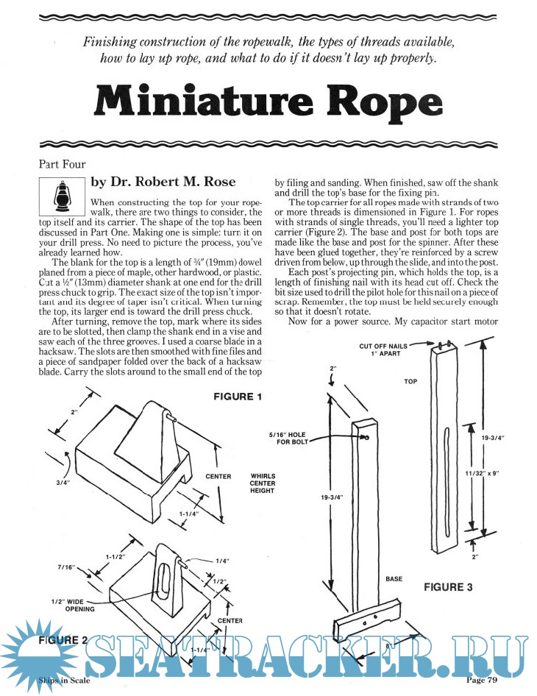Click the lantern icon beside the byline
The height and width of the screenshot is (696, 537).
[x=61, y=195]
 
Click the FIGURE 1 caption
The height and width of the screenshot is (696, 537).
[x=238, y=397]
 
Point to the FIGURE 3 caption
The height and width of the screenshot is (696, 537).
[x=448, y=587]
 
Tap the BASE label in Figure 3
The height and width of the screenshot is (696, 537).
[x=394, y=579]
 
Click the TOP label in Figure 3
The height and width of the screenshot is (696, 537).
[x=410, y=382]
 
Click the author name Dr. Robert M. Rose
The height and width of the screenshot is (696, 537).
[x=173, y=182]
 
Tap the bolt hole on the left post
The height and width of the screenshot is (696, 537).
[x=365, y=436]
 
